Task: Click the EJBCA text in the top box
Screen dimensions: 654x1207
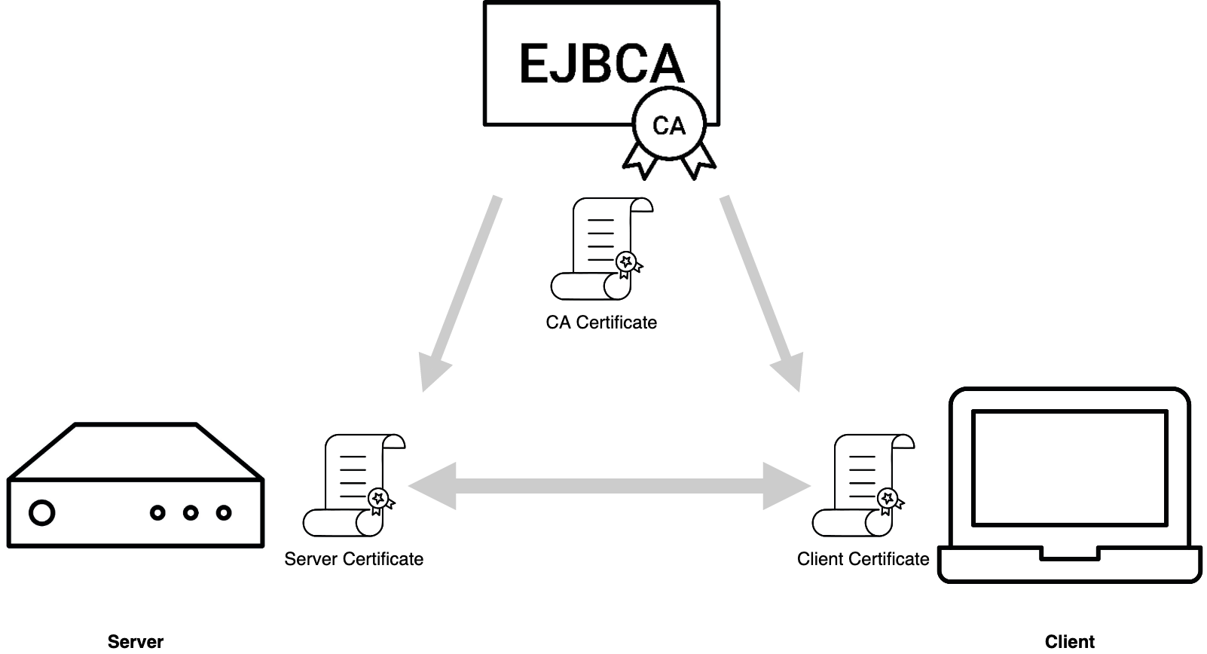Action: (601, 63)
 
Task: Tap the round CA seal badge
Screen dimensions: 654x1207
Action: (669, 125)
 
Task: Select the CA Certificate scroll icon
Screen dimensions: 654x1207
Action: (601, 249)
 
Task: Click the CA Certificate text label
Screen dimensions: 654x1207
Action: (601, 322)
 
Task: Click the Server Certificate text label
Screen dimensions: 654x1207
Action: (353, 559)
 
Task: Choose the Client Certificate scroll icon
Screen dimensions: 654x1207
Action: (863, 485)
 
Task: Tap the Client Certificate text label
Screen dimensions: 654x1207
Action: (863, 559)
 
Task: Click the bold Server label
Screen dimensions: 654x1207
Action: (136, 641)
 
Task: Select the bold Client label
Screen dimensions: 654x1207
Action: (1070, 641)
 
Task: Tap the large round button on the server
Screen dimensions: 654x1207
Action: (42, 513)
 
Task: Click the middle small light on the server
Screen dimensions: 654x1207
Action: (191, 513)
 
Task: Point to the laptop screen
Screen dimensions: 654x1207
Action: (1070, 467)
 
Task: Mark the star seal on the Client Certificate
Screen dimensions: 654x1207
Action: (888, 498)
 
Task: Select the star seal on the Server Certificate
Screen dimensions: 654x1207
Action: (378, 498)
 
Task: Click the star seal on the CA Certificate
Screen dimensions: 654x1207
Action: (626, 262)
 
